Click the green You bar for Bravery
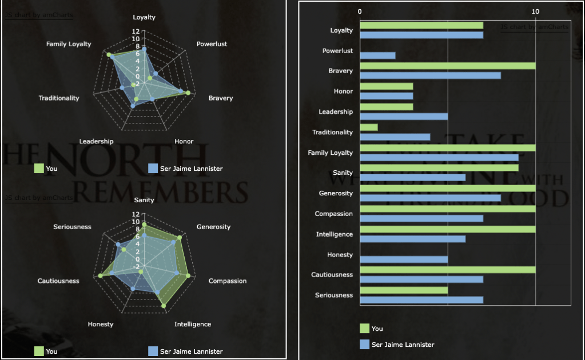447,66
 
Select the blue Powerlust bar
377,55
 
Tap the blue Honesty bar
404,259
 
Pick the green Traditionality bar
369,127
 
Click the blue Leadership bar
404,117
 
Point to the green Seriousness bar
404,290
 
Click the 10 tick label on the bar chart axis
535,11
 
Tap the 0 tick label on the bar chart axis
360,11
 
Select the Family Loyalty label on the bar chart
331,153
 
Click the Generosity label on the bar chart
336,193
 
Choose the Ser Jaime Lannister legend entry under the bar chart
403,345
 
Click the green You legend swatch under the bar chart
364,329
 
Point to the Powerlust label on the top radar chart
212,44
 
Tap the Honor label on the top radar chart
184,141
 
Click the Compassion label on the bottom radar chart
227,281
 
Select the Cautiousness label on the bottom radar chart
58,281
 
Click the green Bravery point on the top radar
188,93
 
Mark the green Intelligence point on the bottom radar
164,306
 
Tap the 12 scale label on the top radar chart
135,31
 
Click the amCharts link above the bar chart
535,27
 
